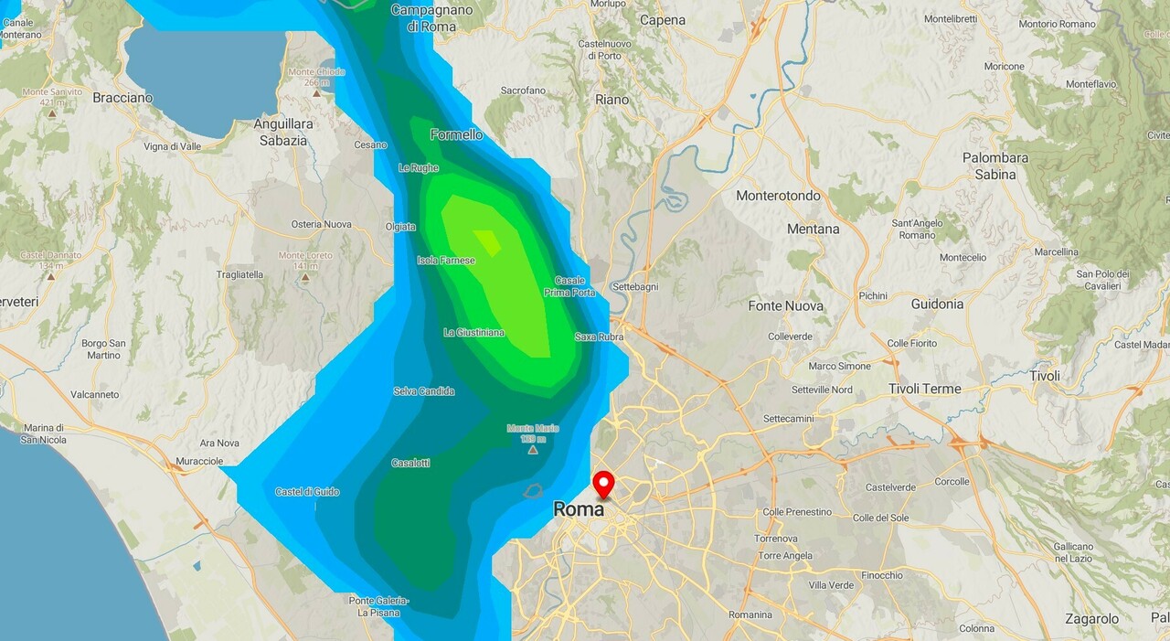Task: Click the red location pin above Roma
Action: (603, 482)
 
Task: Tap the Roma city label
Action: (579, 509)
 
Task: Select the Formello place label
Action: (456, 134)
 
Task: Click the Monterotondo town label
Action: (778, 196)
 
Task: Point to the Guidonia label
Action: (937, 304)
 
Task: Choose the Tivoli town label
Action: (1045, 376)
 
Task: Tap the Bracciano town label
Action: (122, 98)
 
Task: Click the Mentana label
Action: (813, 229)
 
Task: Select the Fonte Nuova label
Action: (785, 305)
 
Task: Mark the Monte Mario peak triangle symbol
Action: (533, 449)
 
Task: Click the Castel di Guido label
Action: (307, 492)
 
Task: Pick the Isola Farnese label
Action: (446, 261)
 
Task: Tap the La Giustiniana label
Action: (473, 332)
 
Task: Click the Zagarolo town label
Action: (1091, 619)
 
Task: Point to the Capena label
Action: (663, 20)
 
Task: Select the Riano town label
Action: (612, 100)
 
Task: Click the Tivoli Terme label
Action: (925, 389)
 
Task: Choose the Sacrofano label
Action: (524, 91)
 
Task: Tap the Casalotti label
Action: (410, 463)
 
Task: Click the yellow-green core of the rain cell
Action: (487, 241)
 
